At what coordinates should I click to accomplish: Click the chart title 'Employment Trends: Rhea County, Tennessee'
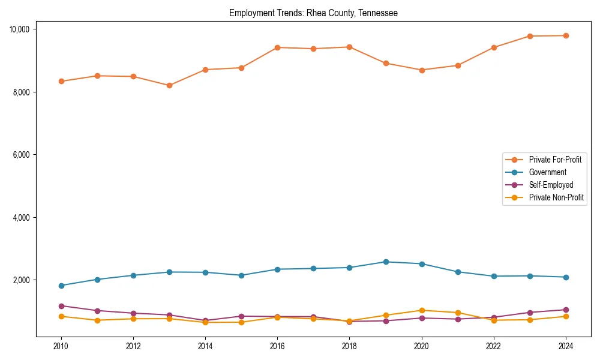[x=313, y=13]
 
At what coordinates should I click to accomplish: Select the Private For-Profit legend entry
[x=555, y=160]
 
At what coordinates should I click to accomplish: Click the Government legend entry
[x=547, y=172]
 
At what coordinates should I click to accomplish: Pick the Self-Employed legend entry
[x=551, y=185]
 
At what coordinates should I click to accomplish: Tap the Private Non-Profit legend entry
[x=556, y=197]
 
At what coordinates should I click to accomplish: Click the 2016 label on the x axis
[x=277, y=346]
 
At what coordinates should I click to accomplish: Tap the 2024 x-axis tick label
[x=566, y=346]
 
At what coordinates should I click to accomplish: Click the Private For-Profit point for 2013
[x=169, y=85]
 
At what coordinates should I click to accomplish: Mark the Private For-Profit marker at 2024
[x=566, y=35]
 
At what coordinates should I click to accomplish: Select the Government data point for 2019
[x=386, y=262]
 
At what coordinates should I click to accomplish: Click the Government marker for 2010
[x=61, y=286]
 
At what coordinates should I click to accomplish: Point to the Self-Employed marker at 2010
[x=61, y=306]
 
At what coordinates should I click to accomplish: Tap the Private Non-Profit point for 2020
[x=422, y=310]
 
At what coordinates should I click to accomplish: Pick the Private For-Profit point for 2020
[x=422, y=70]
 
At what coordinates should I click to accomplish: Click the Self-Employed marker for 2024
[x=566, y=310]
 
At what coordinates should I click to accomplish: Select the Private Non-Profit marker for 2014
[x=205, y=322]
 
